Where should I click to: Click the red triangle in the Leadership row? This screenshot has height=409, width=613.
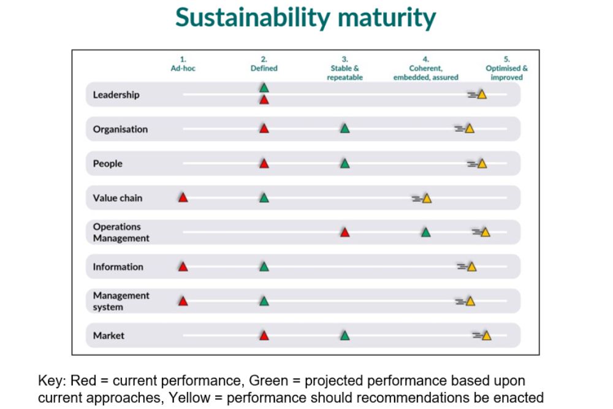click(x=264, y=99)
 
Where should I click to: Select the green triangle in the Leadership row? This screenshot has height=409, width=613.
click(x=264, y=88)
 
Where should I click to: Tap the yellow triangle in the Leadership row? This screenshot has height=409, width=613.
click(x=482, y=94)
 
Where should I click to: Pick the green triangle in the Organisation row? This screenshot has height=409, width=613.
click(x=345, y=129)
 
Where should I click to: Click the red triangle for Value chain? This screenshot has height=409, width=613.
click(x=183, y=197)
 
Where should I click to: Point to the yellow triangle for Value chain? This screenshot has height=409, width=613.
click(x=427, y=198)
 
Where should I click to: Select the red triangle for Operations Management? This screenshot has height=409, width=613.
click(x=345, y=232)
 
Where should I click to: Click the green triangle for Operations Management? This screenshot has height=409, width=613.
click(x=425, y=232)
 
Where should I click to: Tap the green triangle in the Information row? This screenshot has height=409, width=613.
click(x=264, y=267)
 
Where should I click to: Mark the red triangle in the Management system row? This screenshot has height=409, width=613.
click(x=183, y=301)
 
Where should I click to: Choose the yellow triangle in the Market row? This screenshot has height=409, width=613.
click(x=486, y=335)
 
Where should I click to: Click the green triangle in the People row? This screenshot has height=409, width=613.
click(x=345, y=164)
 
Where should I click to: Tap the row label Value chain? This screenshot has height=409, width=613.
click(x=118, y=198)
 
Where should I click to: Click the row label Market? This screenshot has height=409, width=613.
click(x=109, y=335)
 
